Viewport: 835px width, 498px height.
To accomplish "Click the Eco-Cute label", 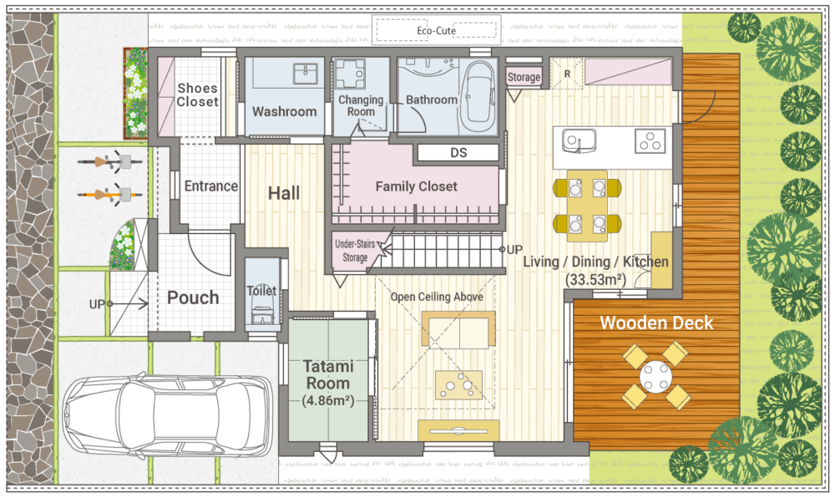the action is point(436,31).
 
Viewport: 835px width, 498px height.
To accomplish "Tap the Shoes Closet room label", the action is point(198,94).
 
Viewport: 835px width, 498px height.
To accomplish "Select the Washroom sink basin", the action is point(306,74).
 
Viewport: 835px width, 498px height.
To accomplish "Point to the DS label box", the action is point(458,153).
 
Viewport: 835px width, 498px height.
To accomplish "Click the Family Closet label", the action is point(416,186).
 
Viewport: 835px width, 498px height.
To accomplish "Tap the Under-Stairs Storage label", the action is point(355,251).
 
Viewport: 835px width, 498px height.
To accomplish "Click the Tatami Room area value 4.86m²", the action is point(328,400).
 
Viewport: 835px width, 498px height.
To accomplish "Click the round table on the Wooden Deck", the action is point(656,376).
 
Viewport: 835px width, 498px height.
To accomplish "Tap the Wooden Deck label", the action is point(656,323).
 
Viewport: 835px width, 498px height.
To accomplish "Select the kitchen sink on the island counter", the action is point(578,141).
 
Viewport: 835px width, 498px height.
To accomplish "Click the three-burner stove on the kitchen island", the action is point(650,141).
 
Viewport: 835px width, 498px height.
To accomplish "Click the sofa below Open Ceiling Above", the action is point(458,330).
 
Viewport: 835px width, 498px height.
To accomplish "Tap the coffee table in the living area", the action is point(459,385).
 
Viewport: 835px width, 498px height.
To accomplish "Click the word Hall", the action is point(284,193).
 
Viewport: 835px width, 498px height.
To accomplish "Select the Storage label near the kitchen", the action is point(524,77).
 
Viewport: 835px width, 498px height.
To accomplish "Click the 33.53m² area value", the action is point(596,279).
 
